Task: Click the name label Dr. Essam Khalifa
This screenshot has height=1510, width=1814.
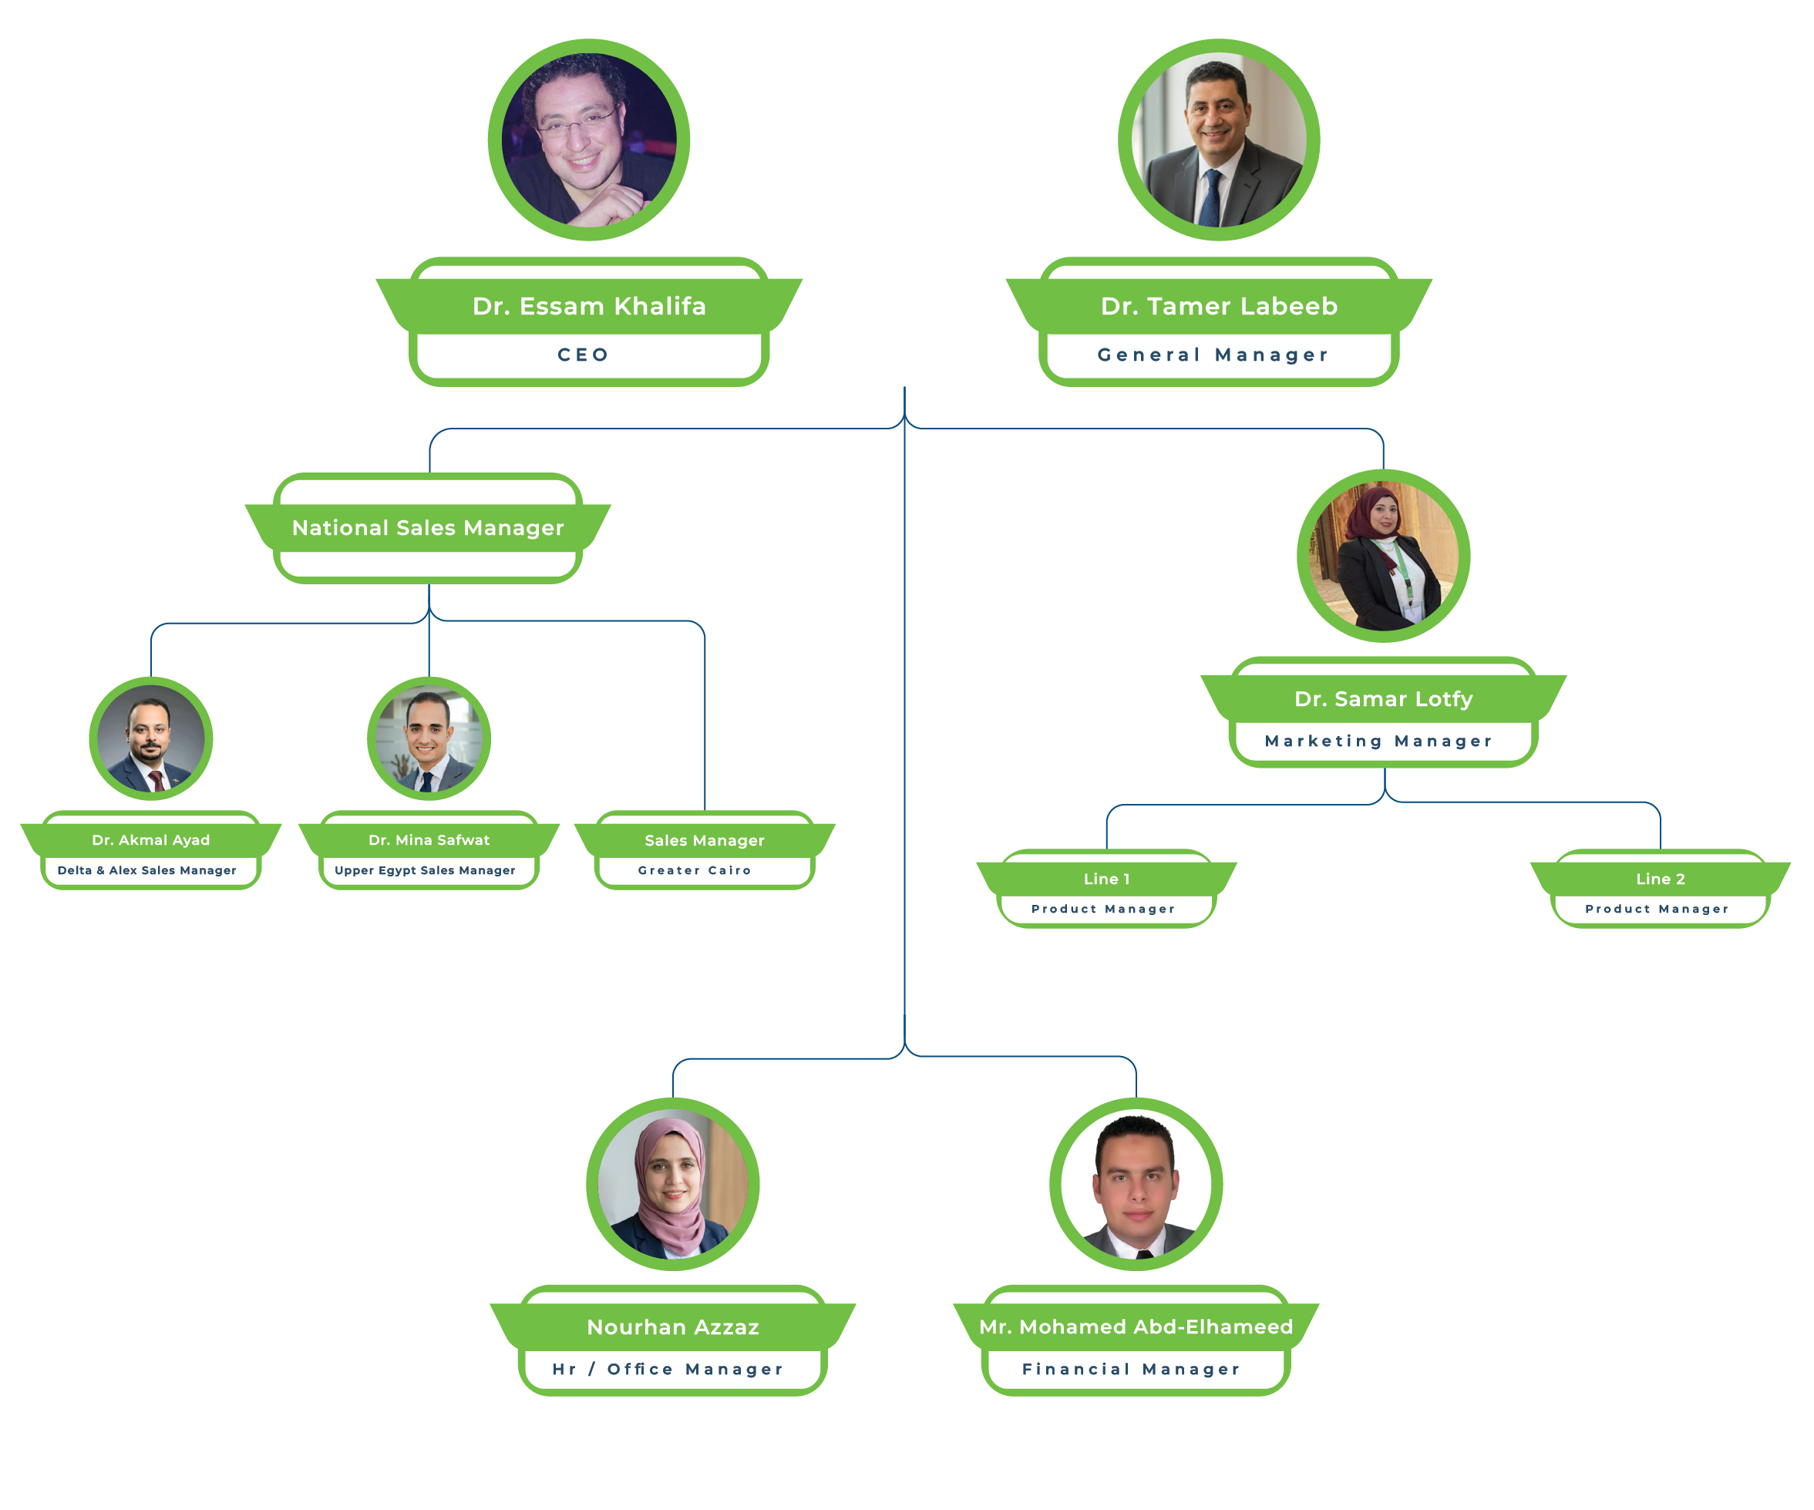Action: (589, 306)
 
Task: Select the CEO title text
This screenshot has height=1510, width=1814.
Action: (583, 355)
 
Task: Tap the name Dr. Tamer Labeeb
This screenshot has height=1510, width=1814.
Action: (1219, 306)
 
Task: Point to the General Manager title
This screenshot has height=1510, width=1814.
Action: (1213, 355)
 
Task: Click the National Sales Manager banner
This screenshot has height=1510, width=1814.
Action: (428, 528)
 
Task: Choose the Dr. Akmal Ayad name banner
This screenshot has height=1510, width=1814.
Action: (151, 839)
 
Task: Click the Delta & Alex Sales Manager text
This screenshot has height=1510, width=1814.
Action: (146, 870)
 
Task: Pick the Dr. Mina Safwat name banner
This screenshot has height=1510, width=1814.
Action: (429, 839)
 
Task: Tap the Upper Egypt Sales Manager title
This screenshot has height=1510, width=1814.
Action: (425, 870)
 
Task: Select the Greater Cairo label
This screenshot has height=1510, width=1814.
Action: (695, 870)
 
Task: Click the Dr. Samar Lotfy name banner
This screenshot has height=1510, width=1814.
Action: (1384, 699)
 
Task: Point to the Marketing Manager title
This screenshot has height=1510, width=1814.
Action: (1378, 742)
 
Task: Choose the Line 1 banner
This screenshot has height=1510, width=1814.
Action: (1106, 879)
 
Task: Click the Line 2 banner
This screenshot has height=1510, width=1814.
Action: (1661, 879)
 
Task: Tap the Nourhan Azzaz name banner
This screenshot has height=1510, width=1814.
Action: (673, 1327)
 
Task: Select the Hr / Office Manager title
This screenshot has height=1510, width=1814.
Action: (668, 1369)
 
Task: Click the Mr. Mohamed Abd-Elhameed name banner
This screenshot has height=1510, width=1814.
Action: (1136, 1327)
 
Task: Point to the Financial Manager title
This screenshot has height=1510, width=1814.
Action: (1131, 1369)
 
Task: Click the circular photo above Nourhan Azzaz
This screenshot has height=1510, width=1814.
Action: (673, 1183)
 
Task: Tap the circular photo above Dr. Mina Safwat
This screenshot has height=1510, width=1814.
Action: (429, 738)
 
